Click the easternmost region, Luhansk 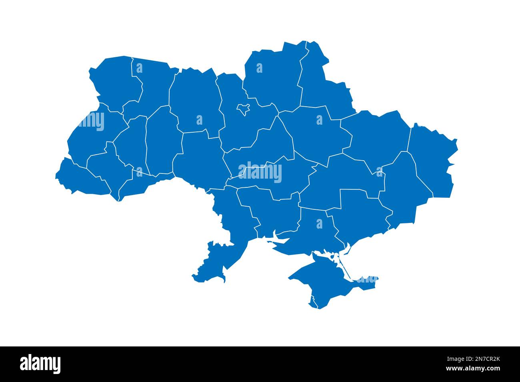pos(432,160)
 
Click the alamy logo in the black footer pos(40,364)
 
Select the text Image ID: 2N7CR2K pos(476,358)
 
